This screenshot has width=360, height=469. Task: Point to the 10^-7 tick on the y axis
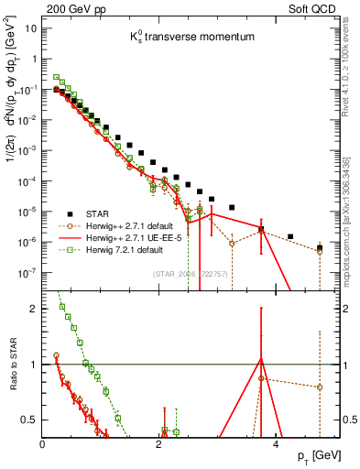point(27,273)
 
